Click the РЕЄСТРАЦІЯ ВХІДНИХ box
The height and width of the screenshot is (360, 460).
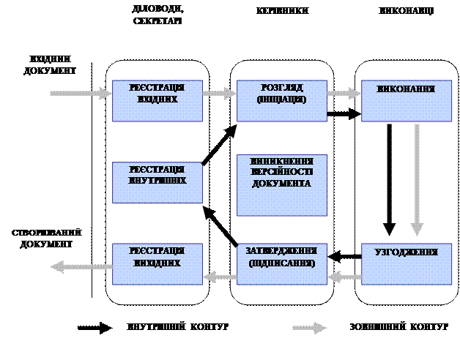point(157,101)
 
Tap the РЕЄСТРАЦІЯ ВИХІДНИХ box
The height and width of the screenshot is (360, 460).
point(157,263)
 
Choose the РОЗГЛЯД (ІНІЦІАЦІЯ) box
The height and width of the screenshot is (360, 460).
point(282,101)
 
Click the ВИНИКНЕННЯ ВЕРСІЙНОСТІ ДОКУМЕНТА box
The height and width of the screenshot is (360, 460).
point(282,184)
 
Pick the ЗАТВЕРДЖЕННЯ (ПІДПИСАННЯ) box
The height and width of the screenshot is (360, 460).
point(282,263)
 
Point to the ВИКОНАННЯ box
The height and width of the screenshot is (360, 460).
point(406,101)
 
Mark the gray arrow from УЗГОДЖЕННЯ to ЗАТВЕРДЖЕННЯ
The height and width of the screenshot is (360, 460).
point(344,277)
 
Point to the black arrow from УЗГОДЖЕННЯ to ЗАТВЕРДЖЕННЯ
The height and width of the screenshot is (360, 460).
point(344,256)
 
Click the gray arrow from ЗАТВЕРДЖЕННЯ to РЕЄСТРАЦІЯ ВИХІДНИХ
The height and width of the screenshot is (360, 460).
point(219,277)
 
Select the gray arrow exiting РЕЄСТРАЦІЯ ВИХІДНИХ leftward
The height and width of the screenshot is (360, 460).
point(81,269)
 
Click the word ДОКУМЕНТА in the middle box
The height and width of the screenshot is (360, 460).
point(282,183)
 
